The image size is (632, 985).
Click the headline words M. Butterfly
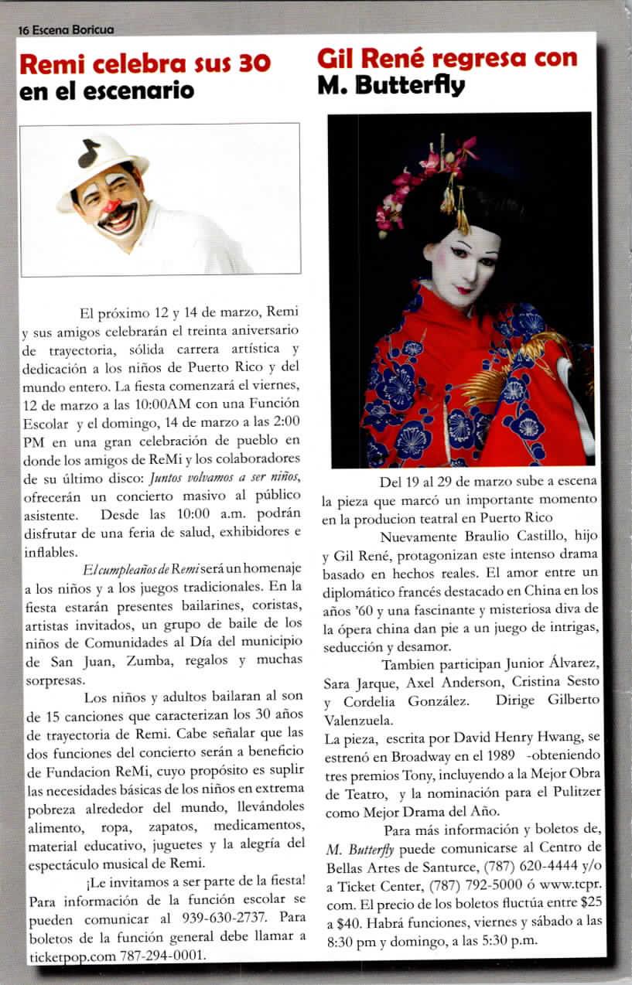coord(391,85)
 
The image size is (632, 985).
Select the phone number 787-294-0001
coord(162,956)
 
